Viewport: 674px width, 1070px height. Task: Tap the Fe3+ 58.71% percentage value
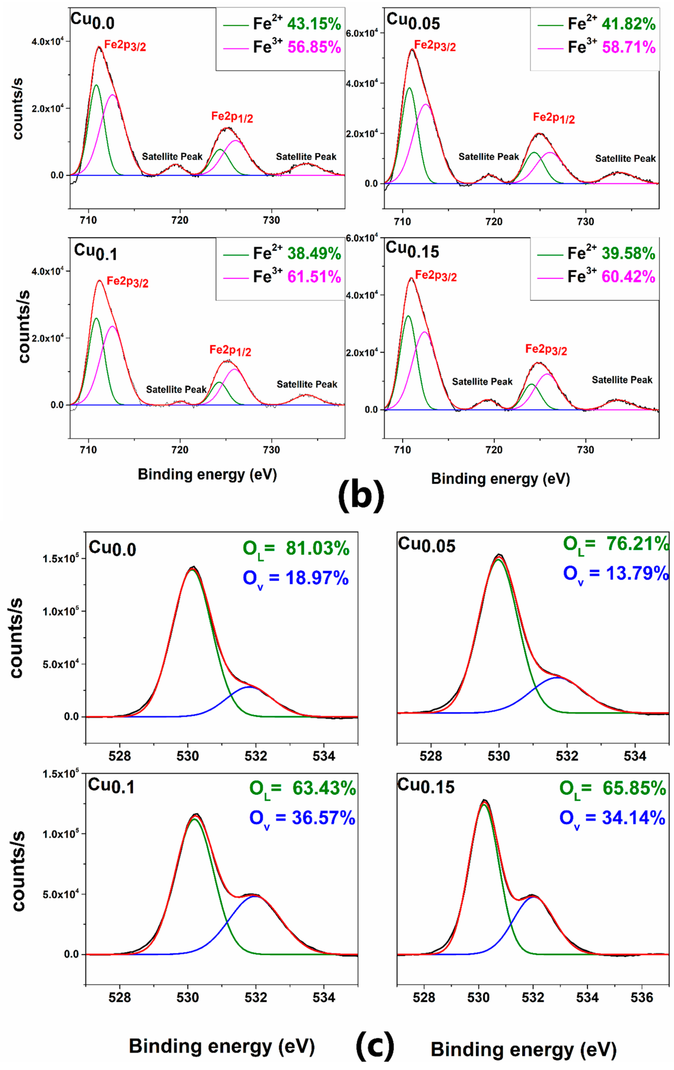tap(628, 47)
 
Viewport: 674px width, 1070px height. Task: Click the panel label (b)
tap(361, 496)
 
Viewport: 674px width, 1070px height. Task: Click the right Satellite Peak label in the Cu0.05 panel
tap(625, 159)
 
